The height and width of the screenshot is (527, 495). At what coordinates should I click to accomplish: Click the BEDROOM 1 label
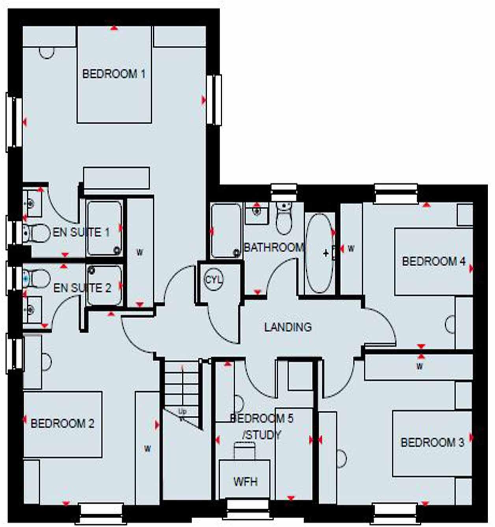pyautogui.click(x=114, y=74)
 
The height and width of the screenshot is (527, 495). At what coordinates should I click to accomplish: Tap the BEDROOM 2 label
pyautogui.click(x=62, y=424)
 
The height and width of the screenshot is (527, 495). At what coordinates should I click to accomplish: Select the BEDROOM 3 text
pyautogui.click(x=432, y=443)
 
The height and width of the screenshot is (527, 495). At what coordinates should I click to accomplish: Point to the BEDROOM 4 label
pyautogui.click(x=434, y=261)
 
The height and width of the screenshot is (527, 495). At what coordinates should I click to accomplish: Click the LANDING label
pyautogui.click(x=288, y=327)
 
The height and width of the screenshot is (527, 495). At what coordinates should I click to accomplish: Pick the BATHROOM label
pyautogui.click(x=274, y=248)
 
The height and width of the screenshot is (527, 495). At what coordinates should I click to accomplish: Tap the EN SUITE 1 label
pyautogui.click(x=81, y=232)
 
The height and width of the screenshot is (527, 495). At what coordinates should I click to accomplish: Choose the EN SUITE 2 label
pyautogui.click(x=82, y=288)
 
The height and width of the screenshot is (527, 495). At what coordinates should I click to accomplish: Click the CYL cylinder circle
pyautogui.click(x=214, y=280)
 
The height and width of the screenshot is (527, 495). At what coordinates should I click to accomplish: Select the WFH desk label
pyautogui.click(x=245, y=482)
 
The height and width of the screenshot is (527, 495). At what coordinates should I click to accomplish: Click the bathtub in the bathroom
pyautogui.click(x=320, y=252)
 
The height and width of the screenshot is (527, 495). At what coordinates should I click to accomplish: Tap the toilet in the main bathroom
pyautogui.click(x=283, y=219)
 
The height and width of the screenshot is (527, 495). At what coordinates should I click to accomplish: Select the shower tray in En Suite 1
pyautogui.click(x=104, y=228)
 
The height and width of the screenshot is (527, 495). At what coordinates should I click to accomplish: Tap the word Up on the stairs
pyautogui.click(x=182, y=412)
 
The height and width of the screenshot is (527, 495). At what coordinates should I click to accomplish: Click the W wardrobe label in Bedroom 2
pyautogui.click(x=147, y=449)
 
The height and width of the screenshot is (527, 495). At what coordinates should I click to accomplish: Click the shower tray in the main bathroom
pyautogui.click(x=226, y=231)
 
